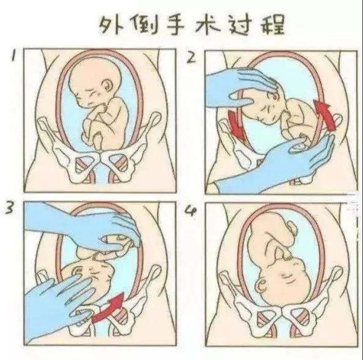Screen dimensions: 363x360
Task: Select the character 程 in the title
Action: click(272, 25)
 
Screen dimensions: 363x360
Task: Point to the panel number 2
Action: click(192, 57)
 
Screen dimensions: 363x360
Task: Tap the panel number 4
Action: click(191, 211)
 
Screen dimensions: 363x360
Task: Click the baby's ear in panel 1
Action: click(108, 85)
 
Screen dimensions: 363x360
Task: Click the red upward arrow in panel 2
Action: click(325, 114)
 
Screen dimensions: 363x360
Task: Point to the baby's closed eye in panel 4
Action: click(289, 276)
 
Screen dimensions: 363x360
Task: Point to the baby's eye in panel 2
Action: click(275, 97)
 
